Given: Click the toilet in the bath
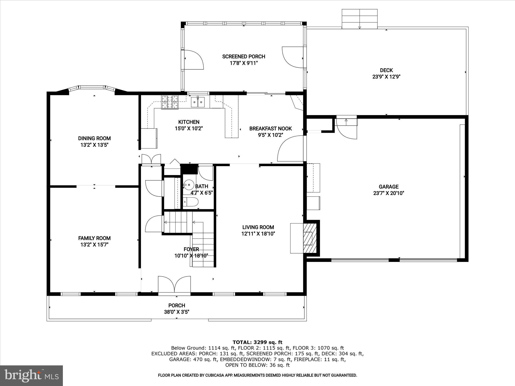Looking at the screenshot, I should [191, 202].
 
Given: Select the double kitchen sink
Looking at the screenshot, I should [198, 102].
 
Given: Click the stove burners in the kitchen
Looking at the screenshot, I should [170, 102].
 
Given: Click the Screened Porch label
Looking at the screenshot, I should [244, 57].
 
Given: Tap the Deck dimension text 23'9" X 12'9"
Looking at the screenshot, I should [386, 77].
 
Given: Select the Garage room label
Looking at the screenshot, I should [389, 187].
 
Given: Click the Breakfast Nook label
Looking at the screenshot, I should [271, 129].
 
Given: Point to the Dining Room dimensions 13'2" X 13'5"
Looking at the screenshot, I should [94, 145].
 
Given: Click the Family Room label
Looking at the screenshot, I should [94, 238].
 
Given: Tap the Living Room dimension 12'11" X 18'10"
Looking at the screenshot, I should [258, 234].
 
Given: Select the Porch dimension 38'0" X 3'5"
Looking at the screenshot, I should [177, 312].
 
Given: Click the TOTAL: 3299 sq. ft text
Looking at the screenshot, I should [257, 342].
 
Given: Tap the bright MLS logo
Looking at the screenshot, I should [31, 375].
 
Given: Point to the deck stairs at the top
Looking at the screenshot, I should [360, 19].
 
